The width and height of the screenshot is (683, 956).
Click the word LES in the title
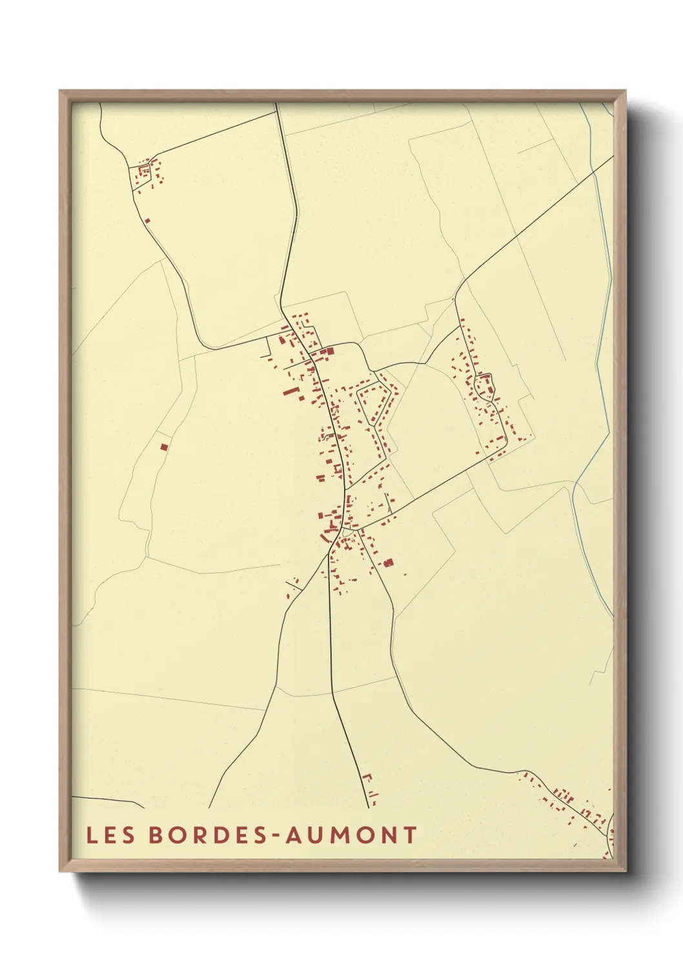111,835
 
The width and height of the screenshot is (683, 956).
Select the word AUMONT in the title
351,835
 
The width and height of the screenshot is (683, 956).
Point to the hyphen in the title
275,836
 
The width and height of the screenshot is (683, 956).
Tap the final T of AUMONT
410,835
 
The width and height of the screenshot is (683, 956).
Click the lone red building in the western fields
164,446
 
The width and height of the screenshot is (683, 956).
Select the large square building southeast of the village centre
388,563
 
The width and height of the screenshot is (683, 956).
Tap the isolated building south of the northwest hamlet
147,220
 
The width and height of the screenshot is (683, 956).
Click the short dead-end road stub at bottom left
110,802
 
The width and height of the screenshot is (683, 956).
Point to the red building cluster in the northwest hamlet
147,174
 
